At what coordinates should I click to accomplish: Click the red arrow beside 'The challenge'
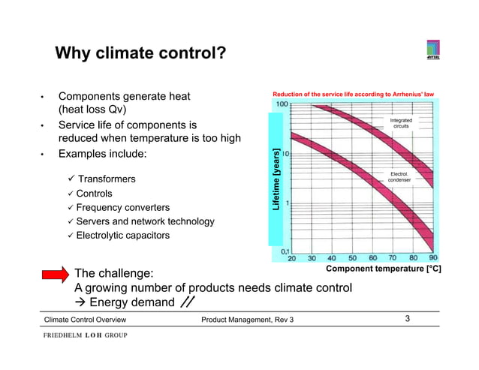[57, 276]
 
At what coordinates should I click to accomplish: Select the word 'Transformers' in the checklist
[107, 179]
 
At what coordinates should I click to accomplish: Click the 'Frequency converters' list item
[122, 207]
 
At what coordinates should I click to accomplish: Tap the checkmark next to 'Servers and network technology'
[70, 221]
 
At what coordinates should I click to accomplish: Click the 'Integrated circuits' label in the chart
[402, 123]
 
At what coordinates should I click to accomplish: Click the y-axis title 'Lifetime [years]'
[276, 177]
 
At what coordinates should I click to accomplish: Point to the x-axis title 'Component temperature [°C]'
[382, 268]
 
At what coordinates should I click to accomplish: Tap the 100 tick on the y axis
[285, 104]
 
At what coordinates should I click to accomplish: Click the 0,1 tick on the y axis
[285, 251]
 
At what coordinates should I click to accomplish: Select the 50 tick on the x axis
[351, 257]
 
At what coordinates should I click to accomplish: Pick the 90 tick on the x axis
[433, 257]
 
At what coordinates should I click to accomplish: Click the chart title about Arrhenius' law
[354, 95]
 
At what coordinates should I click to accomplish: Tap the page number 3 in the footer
[407, 320]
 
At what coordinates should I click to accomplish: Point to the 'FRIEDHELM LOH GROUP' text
[84, 335]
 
